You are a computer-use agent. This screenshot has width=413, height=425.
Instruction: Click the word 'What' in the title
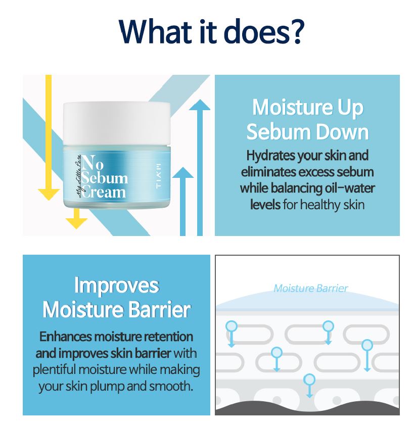click(x=153, y=31)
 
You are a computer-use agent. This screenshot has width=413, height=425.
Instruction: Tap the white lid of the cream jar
click(x=117, y=123)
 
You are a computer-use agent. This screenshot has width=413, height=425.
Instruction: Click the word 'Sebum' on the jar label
click(x=105, y=178)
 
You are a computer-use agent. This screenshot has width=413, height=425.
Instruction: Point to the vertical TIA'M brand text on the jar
click(x=159, y=176)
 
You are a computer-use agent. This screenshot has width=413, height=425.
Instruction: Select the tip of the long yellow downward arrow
click(x=49, y=200)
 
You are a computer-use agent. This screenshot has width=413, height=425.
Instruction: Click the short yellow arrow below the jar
click(x=76, y=218)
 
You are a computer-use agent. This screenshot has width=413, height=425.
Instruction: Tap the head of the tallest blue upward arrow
click(x=200, y=105)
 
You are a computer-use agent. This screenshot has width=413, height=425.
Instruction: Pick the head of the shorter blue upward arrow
click(x=183, y=173)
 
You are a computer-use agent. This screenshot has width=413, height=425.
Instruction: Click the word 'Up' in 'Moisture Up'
click(x=350, y=108)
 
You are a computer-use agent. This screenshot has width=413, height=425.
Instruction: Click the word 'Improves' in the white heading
click(x=117, y=286)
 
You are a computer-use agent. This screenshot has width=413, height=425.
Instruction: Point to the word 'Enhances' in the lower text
click(x=65, y=337)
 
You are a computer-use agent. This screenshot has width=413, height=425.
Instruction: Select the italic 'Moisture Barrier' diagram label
click(x=310, y=289)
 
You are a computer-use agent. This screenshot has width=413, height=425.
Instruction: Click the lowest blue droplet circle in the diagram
click(x=309, y=380)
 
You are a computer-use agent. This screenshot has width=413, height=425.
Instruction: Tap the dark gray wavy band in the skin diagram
click(x=307, y=408)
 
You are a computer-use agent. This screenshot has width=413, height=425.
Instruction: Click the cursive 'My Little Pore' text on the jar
click(x=78, y=176)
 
